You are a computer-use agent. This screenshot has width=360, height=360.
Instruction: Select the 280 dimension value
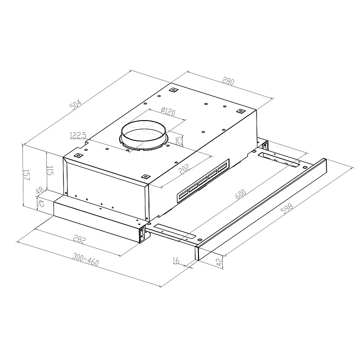click(x=229, y=81)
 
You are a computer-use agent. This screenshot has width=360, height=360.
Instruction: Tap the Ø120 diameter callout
click(x=167, y=111)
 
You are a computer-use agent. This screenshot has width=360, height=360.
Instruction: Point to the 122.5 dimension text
click(x=78, y=135)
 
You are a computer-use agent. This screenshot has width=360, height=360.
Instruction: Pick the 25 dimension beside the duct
click(x=179, y=140)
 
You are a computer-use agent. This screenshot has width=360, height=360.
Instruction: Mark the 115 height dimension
click(x=50, y=171)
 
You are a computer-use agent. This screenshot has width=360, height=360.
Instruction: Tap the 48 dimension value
click(x=39, y=191)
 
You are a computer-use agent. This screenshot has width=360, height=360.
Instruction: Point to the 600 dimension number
click(x=240, y=194)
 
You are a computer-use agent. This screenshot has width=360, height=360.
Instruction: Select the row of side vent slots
click(x=202, y=181)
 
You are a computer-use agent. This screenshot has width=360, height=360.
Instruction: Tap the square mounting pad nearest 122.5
click(x=78, y=155)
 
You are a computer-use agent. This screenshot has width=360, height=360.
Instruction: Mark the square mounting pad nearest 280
click(x=240, y=111)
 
